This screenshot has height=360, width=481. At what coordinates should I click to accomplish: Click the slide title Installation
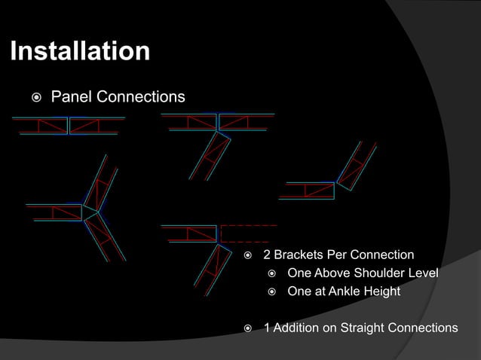point(79,52)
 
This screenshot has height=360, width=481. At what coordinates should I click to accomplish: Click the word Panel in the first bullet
point(69,97)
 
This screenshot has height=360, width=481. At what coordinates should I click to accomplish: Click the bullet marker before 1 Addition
point(249,328)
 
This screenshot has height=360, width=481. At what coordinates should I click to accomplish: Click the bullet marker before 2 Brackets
point(249,255)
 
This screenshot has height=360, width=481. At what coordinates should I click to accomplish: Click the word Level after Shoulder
point(423,273)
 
